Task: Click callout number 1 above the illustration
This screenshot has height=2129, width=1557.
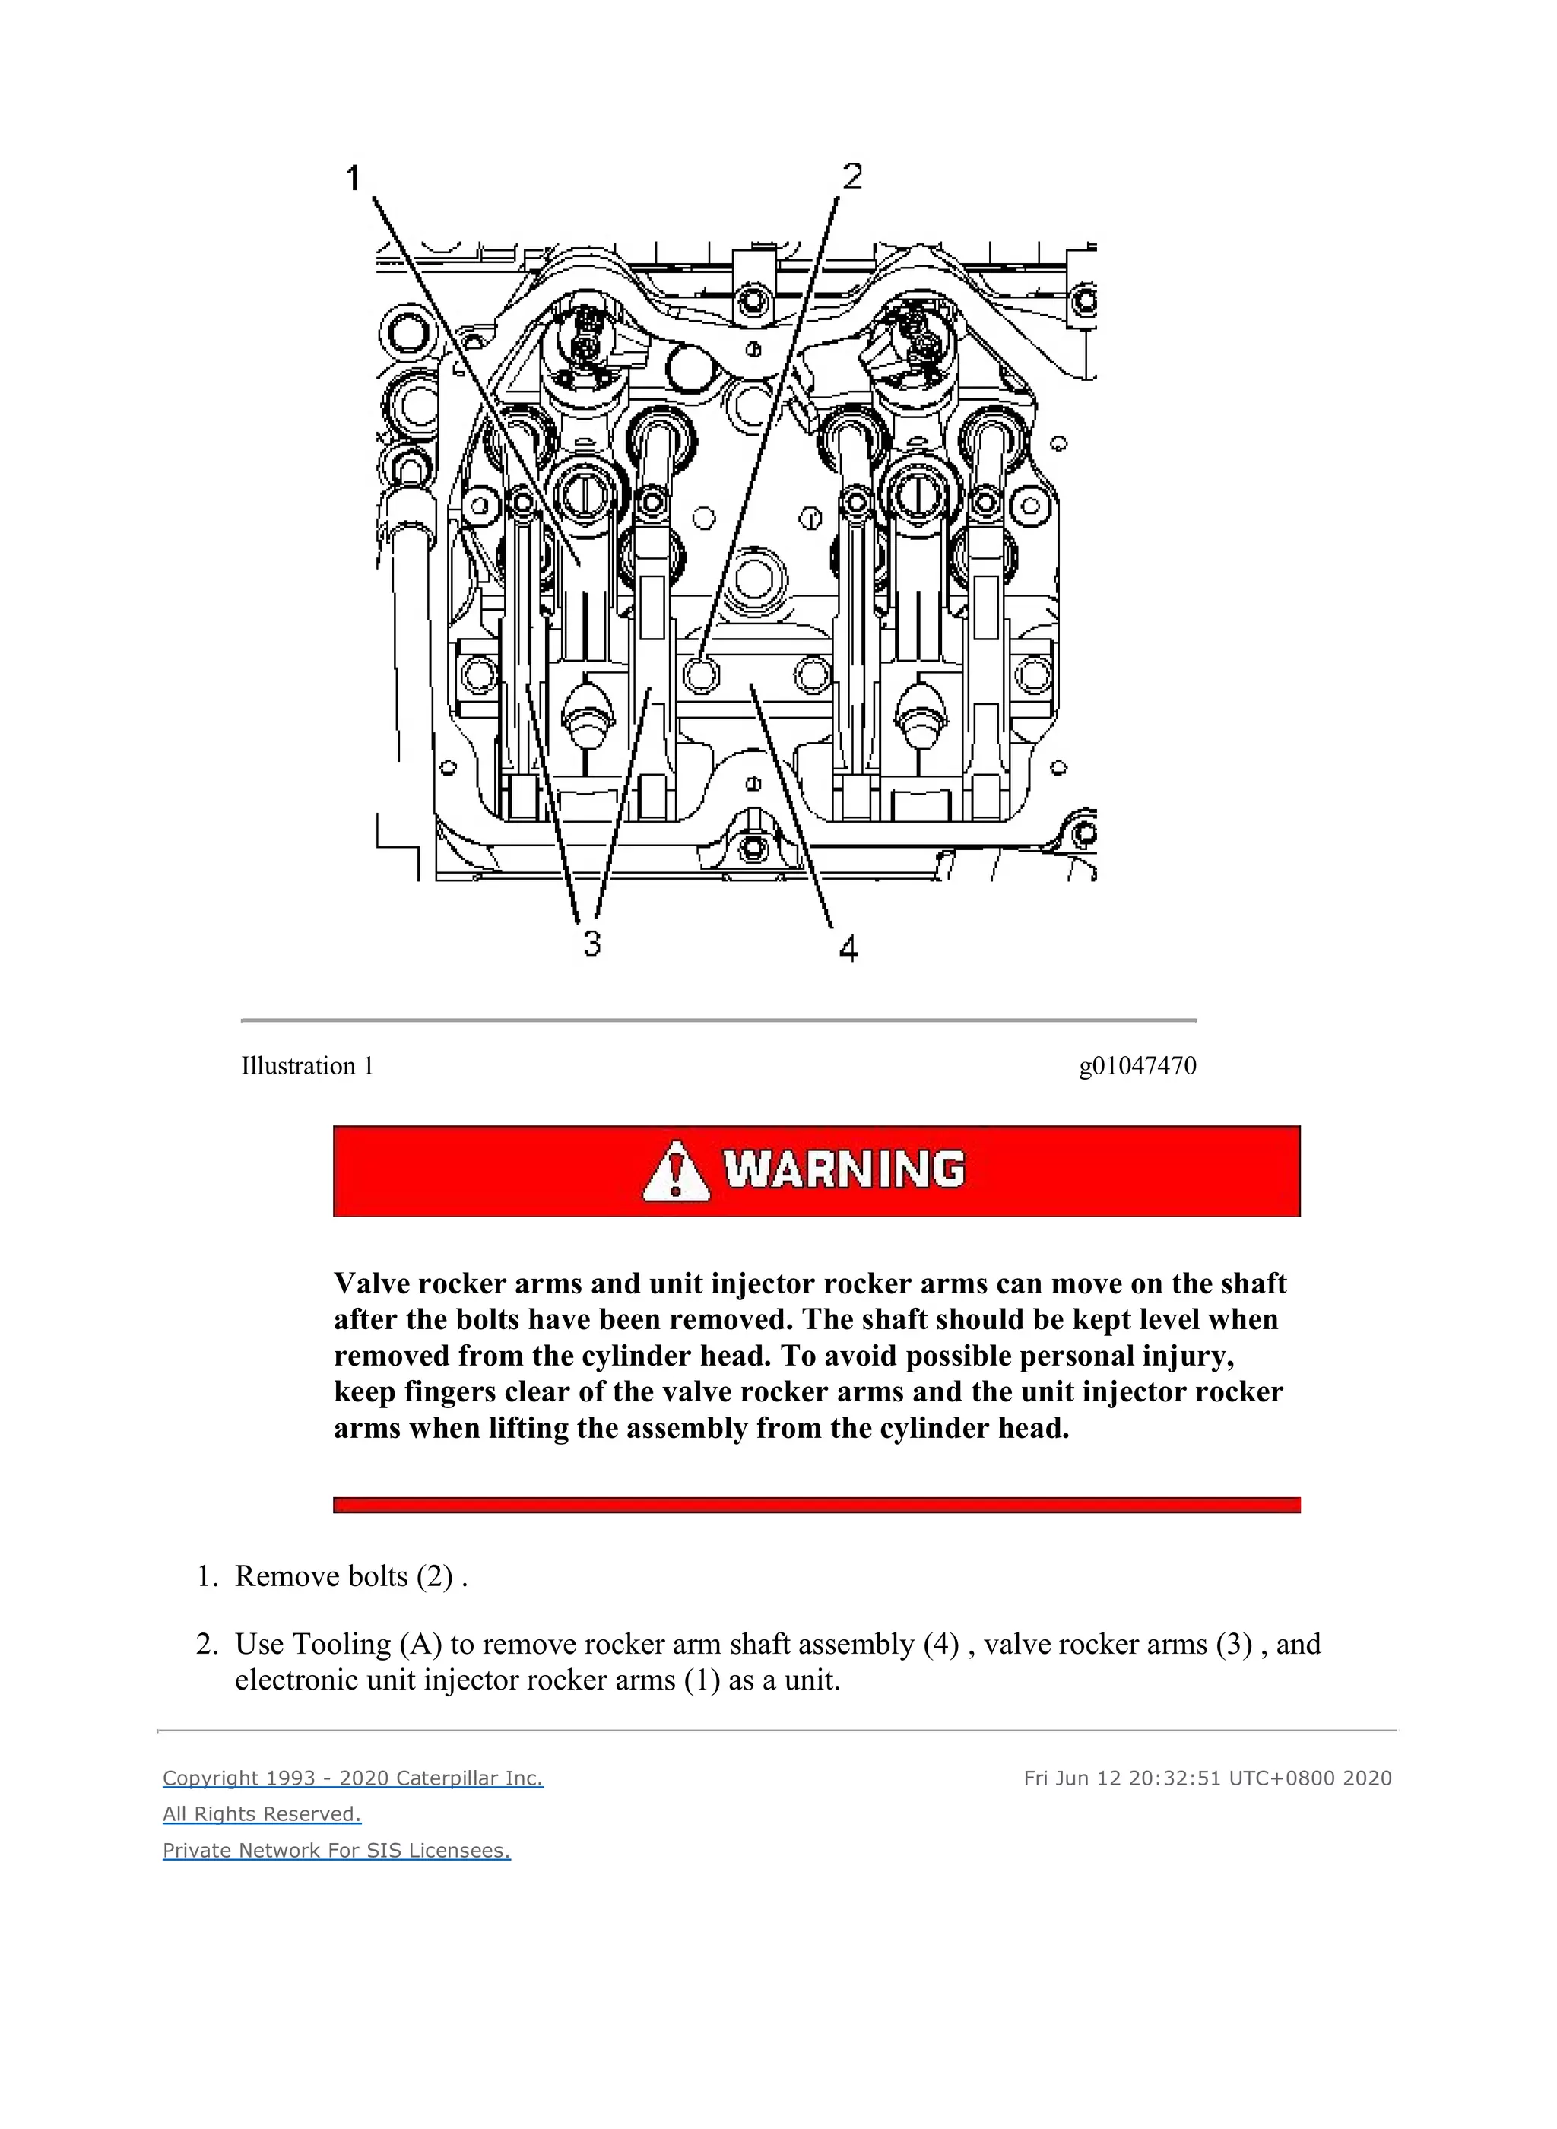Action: (354, 177)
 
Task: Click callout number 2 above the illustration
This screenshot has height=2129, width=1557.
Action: (852, 176)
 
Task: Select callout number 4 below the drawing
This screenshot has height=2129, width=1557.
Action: (848, 948)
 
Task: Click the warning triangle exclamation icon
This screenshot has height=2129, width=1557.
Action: (676, 1172)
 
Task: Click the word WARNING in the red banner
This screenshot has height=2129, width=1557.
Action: (845, 1170)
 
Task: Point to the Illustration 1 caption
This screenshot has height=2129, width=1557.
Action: (307, 1066)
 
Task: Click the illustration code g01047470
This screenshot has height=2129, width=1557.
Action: (1137, 1066)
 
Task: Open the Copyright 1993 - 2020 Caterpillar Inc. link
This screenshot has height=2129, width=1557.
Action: (353, 1778)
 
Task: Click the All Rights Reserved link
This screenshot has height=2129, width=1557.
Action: (262, 1814)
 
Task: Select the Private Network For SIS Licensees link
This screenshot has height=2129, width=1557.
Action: (337, 1850)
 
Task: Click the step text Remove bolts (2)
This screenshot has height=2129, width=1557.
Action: (350, 1575)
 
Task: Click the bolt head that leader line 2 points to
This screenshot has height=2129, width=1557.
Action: (700, 673)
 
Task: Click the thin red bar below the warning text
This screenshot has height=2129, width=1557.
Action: (817, 1505)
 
